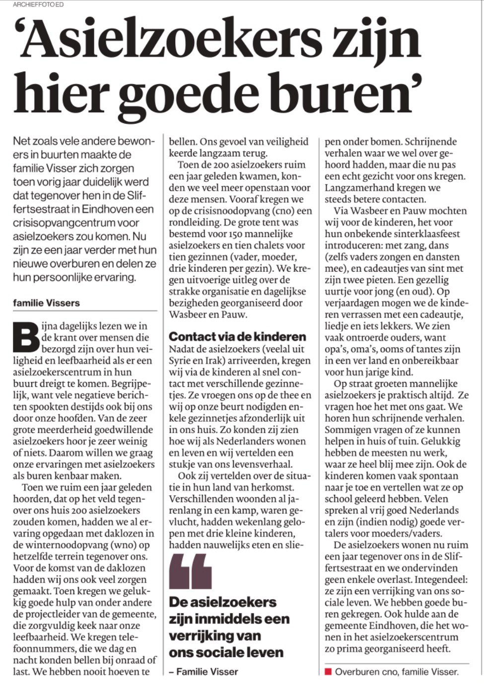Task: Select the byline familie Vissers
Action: point(46,303)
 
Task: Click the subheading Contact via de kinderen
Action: point(237,336)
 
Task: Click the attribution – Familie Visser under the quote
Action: point(204,672)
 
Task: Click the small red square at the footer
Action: point(328,672)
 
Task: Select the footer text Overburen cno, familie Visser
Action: point(396,672)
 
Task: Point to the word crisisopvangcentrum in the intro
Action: point(76,223)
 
